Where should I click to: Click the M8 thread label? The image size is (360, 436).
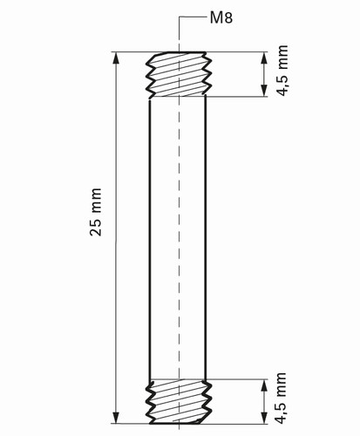pyautogui.click(x=221, y=17)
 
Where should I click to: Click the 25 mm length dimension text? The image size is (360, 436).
pyautogui.click(x=96, y=212)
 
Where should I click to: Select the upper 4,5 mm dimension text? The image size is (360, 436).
pyautogui.click(x=282, y=71)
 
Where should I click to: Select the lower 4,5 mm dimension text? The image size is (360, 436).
pyautogui.click(x=282, y=399)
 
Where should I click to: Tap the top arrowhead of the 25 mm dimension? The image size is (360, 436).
pyautogui.click(x=116, y=58)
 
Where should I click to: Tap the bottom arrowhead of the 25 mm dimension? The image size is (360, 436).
pyautogui.click(x=116, y=418)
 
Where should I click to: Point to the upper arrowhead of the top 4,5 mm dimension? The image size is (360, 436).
pyautogui.click(x=264, y=58)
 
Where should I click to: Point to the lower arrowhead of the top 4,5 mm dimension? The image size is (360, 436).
pyautogui.click(x=264, y=90)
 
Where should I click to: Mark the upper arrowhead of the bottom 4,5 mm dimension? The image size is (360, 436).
pyautogui.click(x=264, y=385)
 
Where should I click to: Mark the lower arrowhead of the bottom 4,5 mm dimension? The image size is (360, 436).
pyautogui.click(x=264, y=418)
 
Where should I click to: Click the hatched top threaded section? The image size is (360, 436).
pyautogui.click(x=178, y=74)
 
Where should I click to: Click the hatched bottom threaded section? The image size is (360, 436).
pyautogui.click(x=178, y=401)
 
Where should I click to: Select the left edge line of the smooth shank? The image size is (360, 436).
pyautogui.click(x=150, y=239)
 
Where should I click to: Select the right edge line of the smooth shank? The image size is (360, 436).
pyautogui.click(x=206, y=238)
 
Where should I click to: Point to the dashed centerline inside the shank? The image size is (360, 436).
pyautogui.click(x=180, y=238)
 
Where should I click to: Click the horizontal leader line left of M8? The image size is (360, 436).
pyautogui.click(x=193, y=17)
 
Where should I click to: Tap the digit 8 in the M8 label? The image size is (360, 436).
pyautogui.click(x=228, y=17)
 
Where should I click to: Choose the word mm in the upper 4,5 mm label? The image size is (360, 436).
pyautogui.click(x=282, y=57)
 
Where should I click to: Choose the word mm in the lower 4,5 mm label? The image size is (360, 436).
pyautogui.click(x=282, y=384)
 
